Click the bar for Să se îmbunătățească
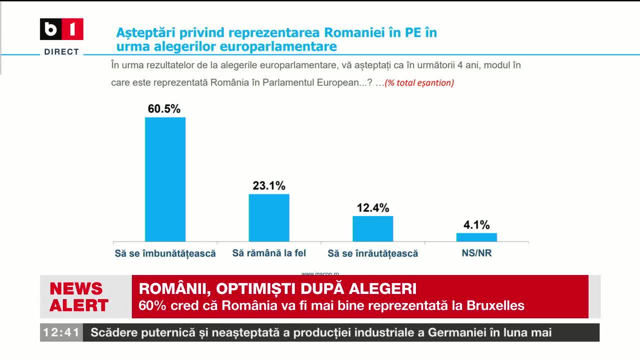click(x=165, y=179)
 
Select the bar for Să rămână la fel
click(x=269, y=217)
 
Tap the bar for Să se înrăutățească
click(x=373, y=228)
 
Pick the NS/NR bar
click(x=476, y=237)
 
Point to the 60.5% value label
click(x=164, y=109)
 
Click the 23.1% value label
click(x=269, y=185)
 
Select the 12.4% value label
click(x=373, y=207)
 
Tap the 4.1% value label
click(x=476, y=225)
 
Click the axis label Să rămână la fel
click(x=269, y=253)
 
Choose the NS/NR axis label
click(x=476, y=253)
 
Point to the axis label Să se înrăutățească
click(x=372, y=253)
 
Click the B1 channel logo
click(x=61, y=29)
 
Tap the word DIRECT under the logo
click(x=61, y=51)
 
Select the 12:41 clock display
click(x=61, y=332)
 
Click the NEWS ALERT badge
click(x=79, y=296)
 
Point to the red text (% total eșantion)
click(x=419, y=83)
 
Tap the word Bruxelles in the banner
click(x=495, y=305)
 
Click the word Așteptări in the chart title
click(x=145, y=33)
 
